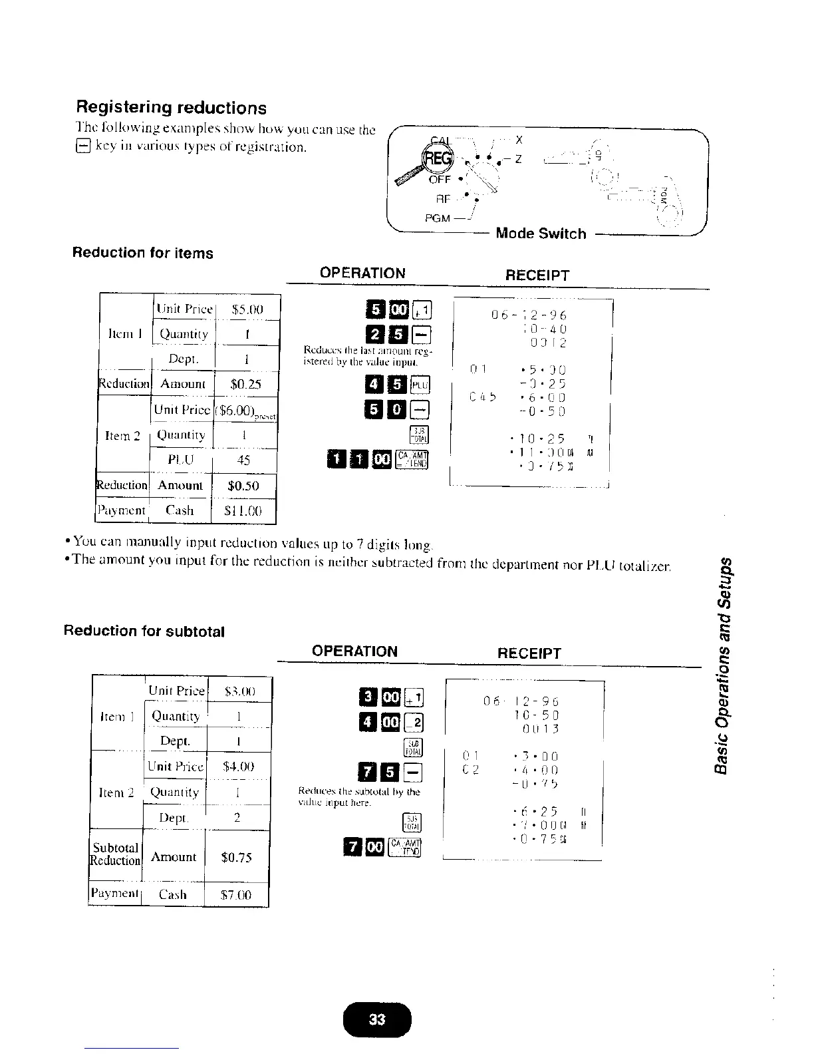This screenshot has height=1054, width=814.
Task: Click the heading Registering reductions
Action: coord(172,108)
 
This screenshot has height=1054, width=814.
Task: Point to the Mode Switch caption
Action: coord(541,234)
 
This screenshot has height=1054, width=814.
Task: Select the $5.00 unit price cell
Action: coord(247,309)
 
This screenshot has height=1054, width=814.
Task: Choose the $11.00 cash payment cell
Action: coord(243,510)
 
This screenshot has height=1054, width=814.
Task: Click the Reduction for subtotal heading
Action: coord(144,631)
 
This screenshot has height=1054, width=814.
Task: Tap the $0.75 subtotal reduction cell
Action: coord(237,857)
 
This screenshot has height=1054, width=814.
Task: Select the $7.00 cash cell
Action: coord(237,895)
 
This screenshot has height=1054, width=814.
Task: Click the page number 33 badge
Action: coord(377,1019)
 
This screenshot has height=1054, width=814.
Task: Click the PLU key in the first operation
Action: coord(421,384)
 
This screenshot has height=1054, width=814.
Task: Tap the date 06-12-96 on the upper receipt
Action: coord(529,315)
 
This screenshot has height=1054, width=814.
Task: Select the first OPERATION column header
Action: coord(362,273)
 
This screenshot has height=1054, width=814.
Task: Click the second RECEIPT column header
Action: coord(529,653)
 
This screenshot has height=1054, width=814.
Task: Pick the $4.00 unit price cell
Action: coord(239,767)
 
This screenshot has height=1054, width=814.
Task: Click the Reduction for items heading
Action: coord(143,253)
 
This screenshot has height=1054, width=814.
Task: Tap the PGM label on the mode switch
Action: coord(436,218)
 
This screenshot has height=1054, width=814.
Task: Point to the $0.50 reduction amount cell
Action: coord(243,485)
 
